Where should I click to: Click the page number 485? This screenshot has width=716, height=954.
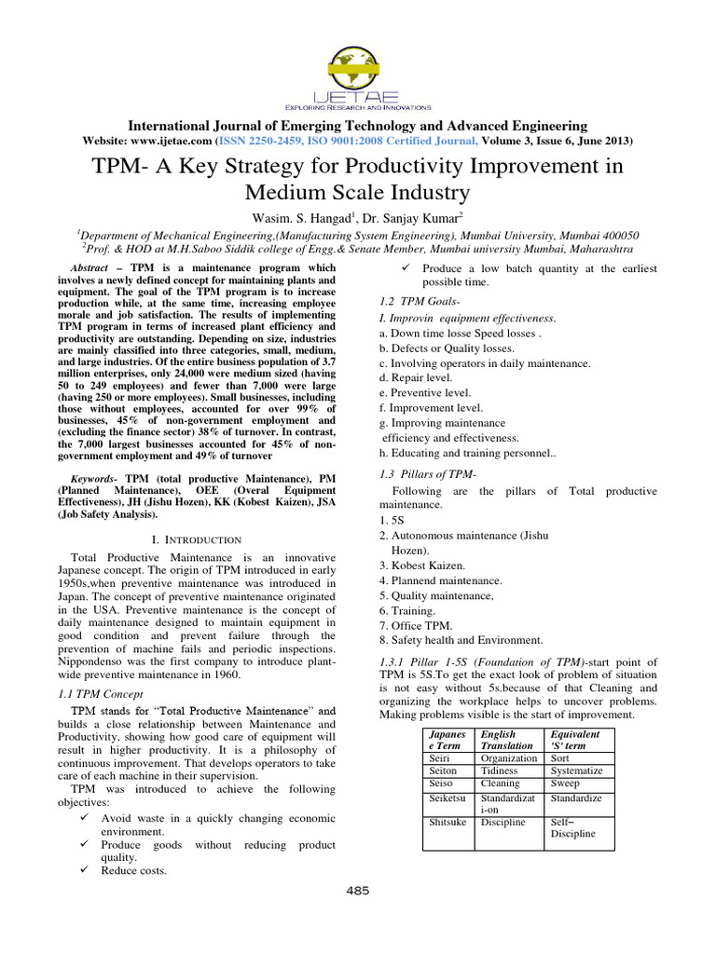(358, 890)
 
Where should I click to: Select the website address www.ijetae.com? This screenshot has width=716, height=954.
(169, 141)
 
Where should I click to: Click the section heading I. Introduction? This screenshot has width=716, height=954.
(196, 539)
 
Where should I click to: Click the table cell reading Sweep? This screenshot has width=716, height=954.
(565, 784)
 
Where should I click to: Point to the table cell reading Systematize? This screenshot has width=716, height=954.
(577, 770)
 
